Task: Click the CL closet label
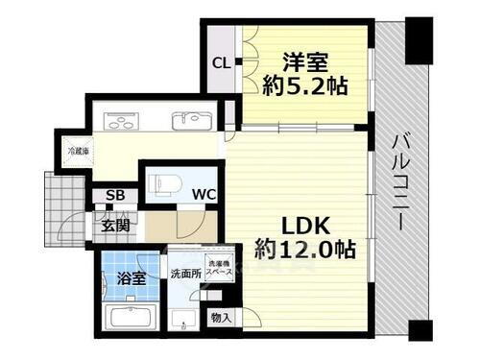(220, 64)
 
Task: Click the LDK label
(305, 226)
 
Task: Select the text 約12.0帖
(305, 250)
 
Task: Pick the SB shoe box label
(114, 197)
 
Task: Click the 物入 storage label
(220, 316)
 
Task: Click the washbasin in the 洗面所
(181, 317)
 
